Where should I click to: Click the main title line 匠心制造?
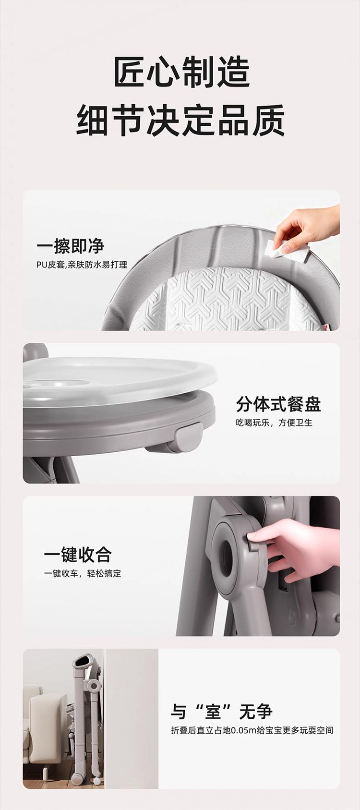pyautogui.click(x=182, y=72)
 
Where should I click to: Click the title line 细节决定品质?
pyautogui.click(x=180, y=120)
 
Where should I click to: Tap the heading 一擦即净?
pyautogui.click(x=71, y=246)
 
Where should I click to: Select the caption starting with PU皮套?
pyautogui.click(x=82, y=265)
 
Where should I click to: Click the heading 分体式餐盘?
pyautogui.click(x=278, y=404)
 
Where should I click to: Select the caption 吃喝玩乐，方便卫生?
pyautogui.click(x=274, y=423)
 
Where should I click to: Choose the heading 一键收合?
pyautogui.click(x=78, y=555)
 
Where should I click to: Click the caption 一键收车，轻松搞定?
pyautogui.click(x=83, y=573)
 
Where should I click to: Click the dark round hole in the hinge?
pyautogui.click(x=227, y=559)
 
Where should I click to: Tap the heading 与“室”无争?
pyautogui.click(x=222, y=713)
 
